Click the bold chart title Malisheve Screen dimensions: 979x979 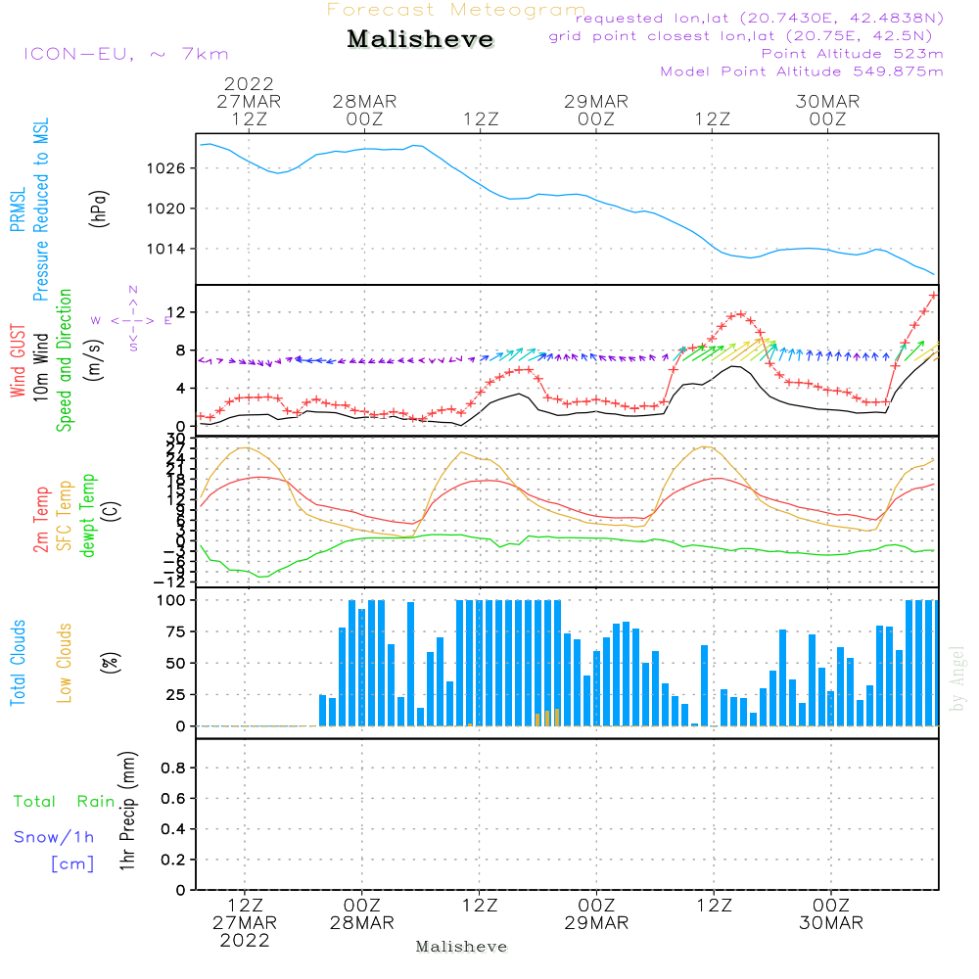(420, 39)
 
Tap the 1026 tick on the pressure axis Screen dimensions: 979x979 (174, 168)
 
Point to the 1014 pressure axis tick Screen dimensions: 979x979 (174, 249)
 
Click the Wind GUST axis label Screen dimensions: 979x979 (19, 362)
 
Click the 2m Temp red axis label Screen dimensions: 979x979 (42, 519)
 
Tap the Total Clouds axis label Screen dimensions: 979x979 (19, 663)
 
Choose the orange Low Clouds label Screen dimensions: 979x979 (65, 663)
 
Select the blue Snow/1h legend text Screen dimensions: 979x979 (54, 837)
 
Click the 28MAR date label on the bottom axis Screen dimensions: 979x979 (361, 923)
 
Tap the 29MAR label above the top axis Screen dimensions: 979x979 (595, 102)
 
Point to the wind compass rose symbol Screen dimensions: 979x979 (132, 319)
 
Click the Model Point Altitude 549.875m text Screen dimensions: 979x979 (802, 71)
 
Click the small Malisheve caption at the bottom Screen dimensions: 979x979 (461, 947)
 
